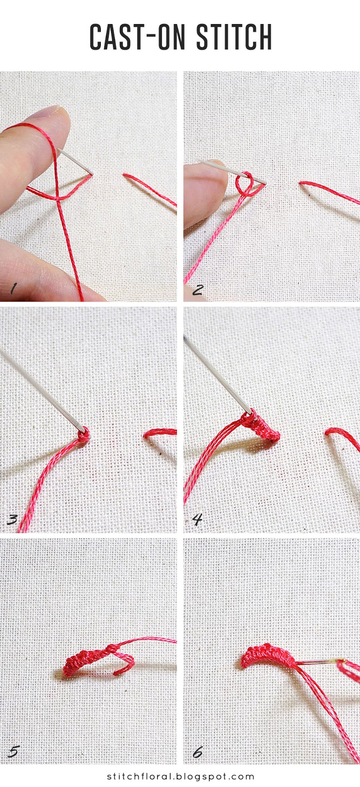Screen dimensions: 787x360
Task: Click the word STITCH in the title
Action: [x=234, y=37]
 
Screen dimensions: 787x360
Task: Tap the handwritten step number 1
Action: [x=13, y=290]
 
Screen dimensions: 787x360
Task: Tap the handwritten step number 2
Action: [x=197, y=289]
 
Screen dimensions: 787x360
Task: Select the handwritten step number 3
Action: [x=13, y=519]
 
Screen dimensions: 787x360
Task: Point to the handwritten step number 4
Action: [x=197, y=519]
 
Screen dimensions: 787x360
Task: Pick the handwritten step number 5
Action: [x=14, y=752]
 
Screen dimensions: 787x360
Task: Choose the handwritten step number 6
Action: [x=197, y=752]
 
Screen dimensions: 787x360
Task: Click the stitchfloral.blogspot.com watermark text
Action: [x=180, y=777]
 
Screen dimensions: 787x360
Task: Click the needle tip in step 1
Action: [x=91, y=173]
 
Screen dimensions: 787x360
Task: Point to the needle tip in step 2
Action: [x=265, y=183]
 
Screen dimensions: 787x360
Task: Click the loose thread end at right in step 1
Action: [x=148, y=187]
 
